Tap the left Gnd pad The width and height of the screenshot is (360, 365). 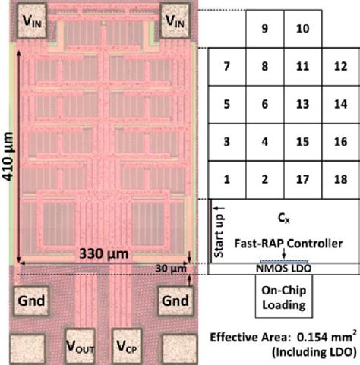tap(28, 300)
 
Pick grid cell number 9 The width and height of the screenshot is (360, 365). tap(264, 29)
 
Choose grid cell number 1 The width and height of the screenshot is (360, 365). tap(226, 180)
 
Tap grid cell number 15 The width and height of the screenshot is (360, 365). tap(302, 142)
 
